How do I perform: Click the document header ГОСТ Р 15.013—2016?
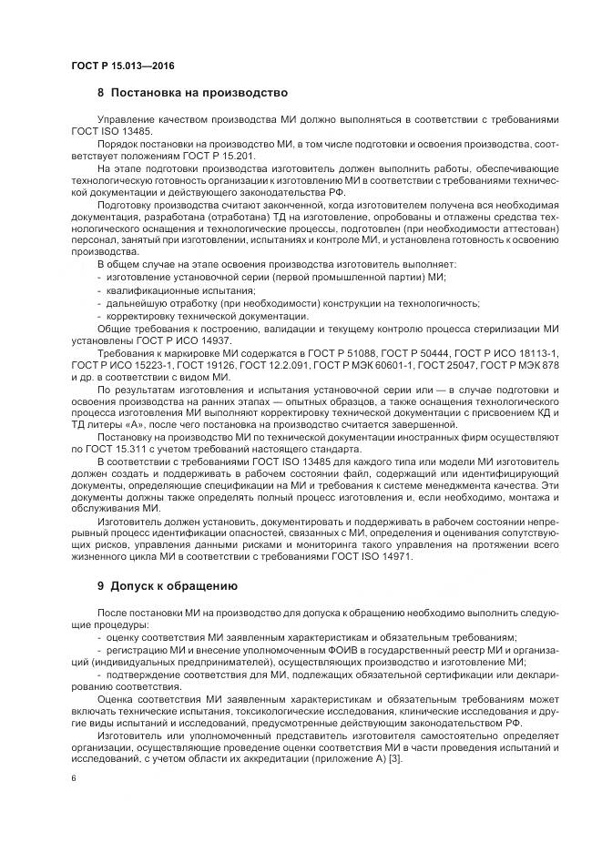123,66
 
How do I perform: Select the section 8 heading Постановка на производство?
192,94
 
